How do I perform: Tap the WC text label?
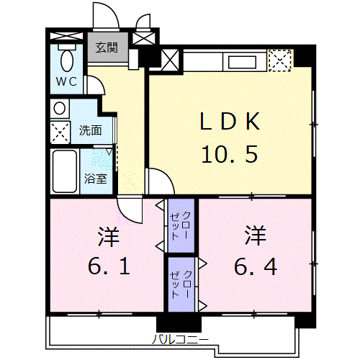(x=67, y=81)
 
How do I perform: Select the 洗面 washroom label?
(x=90, y=131)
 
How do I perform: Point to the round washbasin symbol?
(x=60, y=109)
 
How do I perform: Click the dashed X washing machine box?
(x=60, y=132)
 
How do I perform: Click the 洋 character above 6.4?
(x=256, y=235)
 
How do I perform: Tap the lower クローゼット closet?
(x=181, y=283)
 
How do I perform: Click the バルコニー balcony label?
(x=181, y=337)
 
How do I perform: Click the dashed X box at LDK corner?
(x=280, y=59)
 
